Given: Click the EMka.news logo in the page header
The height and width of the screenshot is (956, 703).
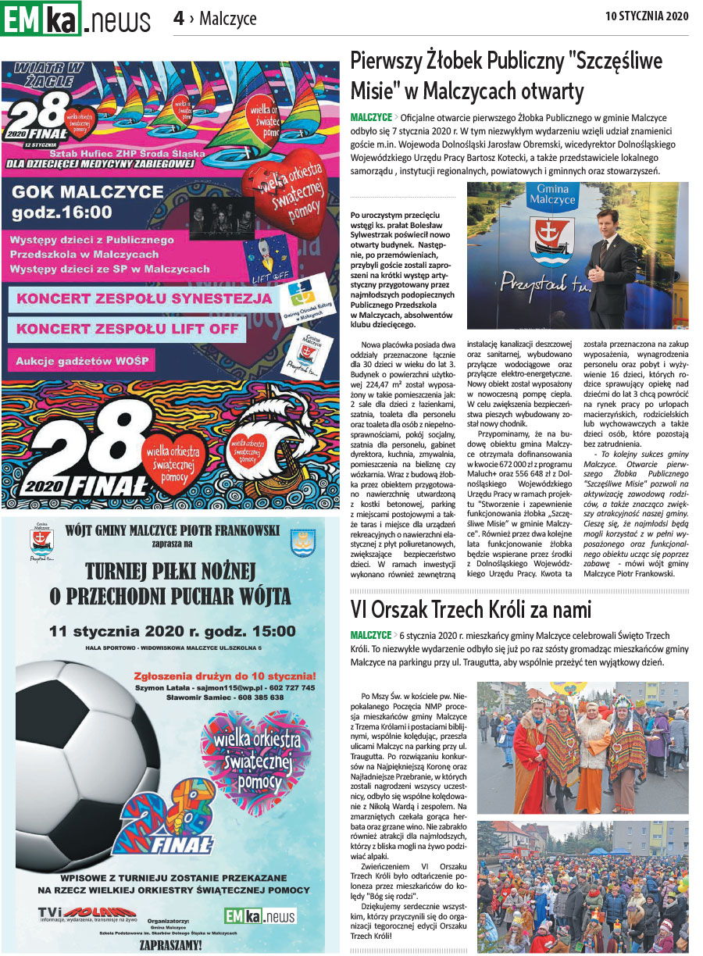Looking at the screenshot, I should [76, 18].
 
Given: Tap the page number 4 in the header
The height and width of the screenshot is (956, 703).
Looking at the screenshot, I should [179, 17].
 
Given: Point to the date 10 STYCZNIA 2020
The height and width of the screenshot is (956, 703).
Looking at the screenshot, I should [647, 15].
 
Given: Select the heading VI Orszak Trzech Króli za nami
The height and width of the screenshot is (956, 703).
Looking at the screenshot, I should [470, 609].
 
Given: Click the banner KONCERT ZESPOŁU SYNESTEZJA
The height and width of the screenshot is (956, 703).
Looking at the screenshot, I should [145, 299].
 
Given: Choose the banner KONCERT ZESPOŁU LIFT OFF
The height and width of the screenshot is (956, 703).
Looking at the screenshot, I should [127, 329].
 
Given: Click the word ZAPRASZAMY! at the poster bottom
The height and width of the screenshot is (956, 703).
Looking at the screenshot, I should [170, 944].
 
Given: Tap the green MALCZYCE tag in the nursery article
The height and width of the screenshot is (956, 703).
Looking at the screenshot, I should [370, 116].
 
